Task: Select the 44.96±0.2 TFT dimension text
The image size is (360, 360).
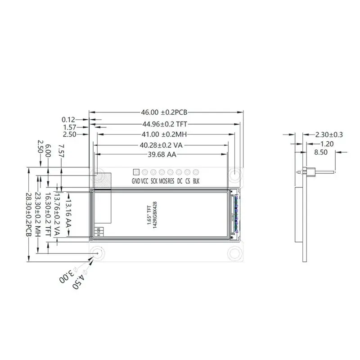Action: point(165,124)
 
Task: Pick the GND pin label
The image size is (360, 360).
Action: point(136,181)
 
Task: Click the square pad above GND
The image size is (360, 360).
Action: point(136,172)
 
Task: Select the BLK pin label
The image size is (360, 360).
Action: point(196,181)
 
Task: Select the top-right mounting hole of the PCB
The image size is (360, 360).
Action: point(236,174)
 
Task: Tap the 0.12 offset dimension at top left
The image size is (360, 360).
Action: point(68,120)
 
